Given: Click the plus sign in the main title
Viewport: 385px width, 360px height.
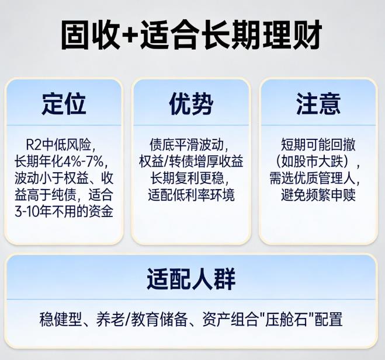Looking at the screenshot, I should (138, 36).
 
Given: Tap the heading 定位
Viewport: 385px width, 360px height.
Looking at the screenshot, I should (64, 104).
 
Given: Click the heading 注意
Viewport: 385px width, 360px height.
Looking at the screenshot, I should (318, 104).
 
